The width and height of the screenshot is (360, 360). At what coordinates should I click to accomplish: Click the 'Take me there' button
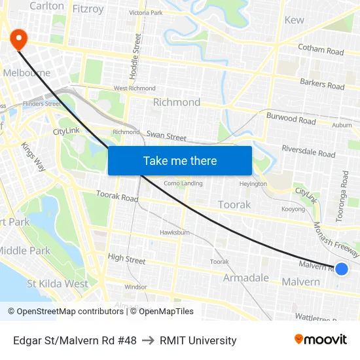pos(180,160)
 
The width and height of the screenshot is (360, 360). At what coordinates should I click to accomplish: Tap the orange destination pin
pos(18,39)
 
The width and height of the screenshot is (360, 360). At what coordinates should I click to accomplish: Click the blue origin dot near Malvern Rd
pos(341,268)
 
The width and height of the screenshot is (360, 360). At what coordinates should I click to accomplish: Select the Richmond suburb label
pos(177,102)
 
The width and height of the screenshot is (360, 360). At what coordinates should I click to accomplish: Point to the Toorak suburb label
pos(234,205)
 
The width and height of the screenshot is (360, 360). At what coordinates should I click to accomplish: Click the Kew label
pos(295,20)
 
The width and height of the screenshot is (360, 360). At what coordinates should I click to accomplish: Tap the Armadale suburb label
pos(245,278)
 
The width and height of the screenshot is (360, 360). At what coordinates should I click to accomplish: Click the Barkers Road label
pos(322,84)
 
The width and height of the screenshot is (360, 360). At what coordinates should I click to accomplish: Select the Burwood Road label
pos(291,118)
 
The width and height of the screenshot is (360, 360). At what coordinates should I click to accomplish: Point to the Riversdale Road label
pos(308,151)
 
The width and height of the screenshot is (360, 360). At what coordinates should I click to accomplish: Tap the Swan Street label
pos(166,136)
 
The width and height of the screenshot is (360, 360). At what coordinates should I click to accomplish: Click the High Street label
pos(126,259)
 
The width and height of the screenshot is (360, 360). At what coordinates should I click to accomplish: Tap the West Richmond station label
pos(135,88)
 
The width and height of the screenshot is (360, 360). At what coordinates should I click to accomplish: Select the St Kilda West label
pos(58,284)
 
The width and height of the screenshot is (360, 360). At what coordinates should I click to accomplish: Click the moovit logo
pos(320,340)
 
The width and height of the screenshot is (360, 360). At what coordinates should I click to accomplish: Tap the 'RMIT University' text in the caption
pos(198,340)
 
